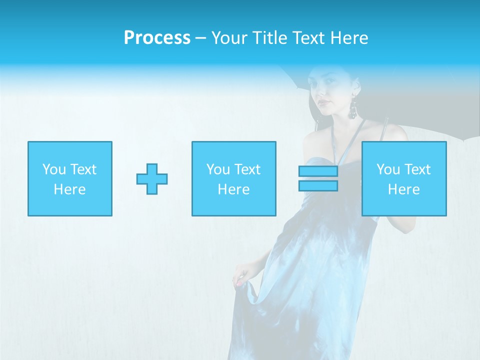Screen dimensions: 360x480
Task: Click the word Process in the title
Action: (157, 38)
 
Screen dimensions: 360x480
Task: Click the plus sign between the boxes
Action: (152, 179)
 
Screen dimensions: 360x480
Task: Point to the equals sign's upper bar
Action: (318, 171)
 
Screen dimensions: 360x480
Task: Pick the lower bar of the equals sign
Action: (318, 185)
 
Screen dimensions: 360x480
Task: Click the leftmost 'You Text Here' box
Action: (70, 179)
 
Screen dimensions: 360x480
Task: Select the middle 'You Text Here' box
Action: (233, 179)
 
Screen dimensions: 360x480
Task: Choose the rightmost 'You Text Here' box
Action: (404, 179)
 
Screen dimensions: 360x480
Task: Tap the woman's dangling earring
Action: (353, 107)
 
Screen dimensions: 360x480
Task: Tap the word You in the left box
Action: (54, 169)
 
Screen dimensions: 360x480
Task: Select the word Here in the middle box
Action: (233, 189)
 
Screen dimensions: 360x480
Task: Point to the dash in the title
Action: (201, 38)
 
